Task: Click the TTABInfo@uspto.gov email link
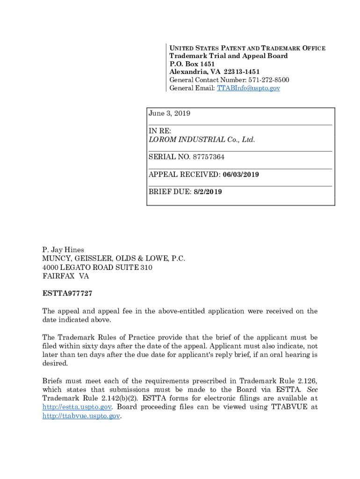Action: pos(248,88)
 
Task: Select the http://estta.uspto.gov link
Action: pos(77,407)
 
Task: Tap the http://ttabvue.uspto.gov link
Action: pos(81,416)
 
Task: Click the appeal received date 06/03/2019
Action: pos(241,174)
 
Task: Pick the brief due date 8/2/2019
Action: pos(208,192)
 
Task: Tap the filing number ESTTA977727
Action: pos(67,293)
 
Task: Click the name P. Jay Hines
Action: pos(63,250)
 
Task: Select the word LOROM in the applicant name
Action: pos(161,140)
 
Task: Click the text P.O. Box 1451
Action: pos(189,64)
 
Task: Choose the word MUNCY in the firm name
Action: pos(54,259)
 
